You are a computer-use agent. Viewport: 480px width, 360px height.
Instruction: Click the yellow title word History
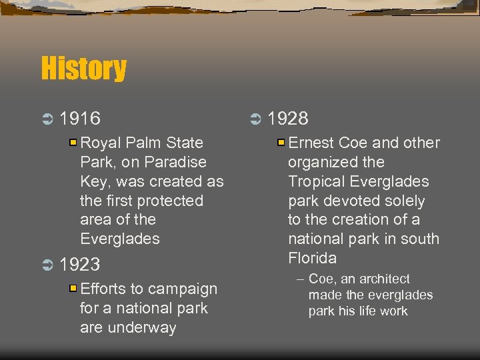point(83,69)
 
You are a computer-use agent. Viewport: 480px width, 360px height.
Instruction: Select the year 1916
point(80,119)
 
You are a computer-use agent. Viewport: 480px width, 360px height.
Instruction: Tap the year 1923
point(80,265)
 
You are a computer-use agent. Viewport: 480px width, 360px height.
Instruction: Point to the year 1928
point(288,119)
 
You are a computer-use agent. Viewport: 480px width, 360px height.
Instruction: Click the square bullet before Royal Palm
point(73,142)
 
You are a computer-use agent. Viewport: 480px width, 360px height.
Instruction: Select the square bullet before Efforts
point(73,289)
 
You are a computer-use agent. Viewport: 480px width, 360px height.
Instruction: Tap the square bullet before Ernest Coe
point(281,142)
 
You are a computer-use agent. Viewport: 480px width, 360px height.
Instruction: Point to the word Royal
point(99,143)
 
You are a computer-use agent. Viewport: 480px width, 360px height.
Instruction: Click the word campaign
point(183,289)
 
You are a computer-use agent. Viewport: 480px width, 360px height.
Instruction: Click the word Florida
point(312,258)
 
